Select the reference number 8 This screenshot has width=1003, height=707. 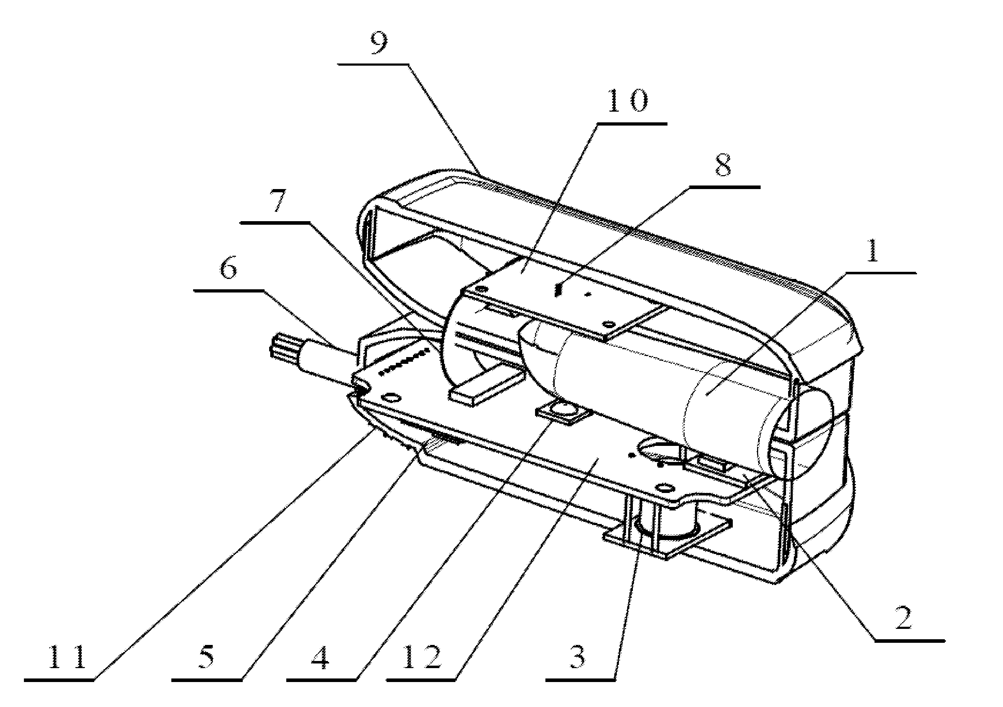click(x=723, y=166)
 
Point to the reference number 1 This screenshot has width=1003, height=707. click(x=872, y=252)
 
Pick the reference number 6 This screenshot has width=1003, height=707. click(x=228, y=267)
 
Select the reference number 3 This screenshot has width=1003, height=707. click(x=577, y=658)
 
